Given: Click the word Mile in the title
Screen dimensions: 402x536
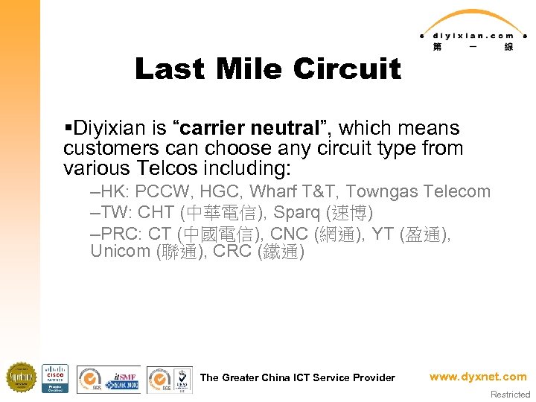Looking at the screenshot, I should [246, 69].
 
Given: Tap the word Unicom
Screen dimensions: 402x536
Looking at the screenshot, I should [120, 252].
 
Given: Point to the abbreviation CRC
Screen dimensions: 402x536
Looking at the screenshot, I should [233, 252].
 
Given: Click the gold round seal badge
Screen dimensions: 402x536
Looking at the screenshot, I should [22, 378].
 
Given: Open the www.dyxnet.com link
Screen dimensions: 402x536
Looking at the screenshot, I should [477, 377].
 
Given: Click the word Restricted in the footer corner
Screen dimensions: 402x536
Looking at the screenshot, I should [510, 395].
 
